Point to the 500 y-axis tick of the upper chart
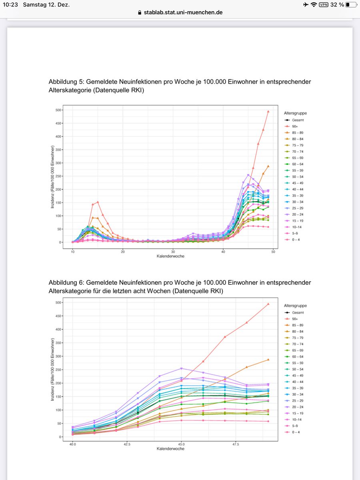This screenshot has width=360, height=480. [58, 110]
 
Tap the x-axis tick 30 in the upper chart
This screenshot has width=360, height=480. [173, 252]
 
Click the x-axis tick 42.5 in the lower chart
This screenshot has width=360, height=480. [127, 444]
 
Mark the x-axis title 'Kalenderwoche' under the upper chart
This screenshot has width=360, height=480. [170, 256]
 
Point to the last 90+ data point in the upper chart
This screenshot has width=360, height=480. [268, 112]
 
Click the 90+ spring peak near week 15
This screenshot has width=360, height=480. [98, 202]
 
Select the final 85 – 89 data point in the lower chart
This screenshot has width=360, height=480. [268, 360]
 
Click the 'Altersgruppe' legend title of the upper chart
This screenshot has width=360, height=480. [295, 113]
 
